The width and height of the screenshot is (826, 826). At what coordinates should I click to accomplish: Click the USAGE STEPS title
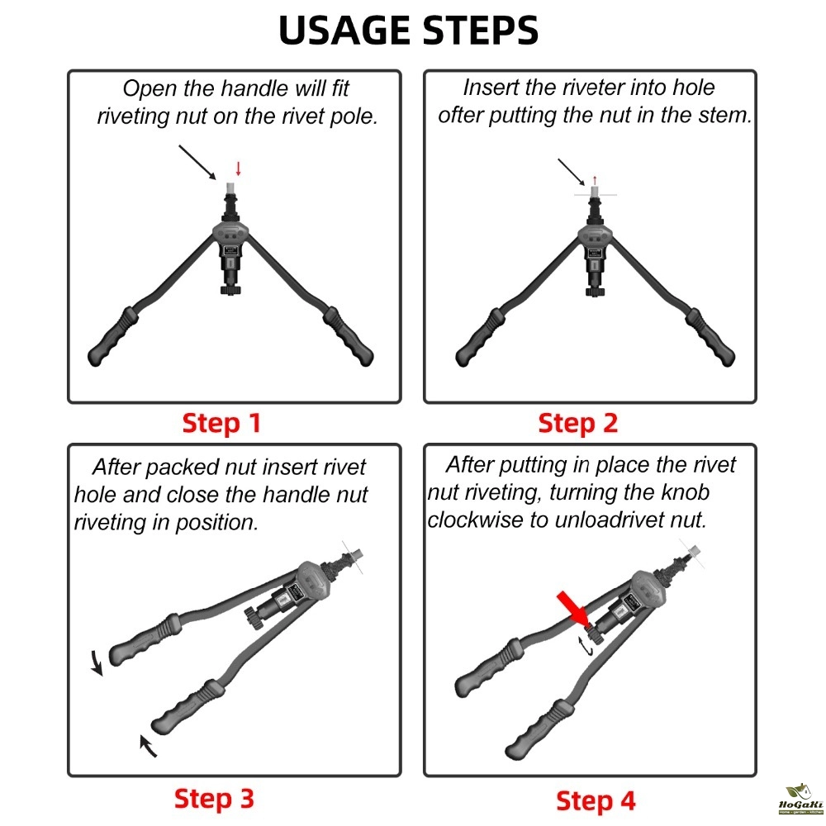(x=408, y=30)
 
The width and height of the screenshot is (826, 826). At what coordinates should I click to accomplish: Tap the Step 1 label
(x=221, y=423)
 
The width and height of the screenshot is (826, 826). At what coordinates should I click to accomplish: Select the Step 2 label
(x=577, y=423)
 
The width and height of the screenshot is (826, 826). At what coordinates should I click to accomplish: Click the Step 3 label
(x=214, y=799)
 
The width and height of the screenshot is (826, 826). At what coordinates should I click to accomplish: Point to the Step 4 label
(x=596, y=800)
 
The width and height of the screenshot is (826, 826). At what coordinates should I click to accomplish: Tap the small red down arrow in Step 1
(x=238, y=169)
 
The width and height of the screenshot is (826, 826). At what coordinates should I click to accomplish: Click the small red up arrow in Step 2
(x=595, y=181)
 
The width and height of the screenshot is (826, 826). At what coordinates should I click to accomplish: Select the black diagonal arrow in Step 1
(x=197, y=163)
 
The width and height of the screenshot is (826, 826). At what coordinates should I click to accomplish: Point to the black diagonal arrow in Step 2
(x=572, y=172)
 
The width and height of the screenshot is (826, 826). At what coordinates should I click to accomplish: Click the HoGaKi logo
(x=800, y=799)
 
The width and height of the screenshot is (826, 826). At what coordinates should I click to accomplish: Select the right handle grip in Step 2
(x=710, y=337)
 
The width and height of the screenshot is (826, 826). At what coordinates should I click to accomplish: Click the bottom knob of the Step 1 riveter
(x=230, y=290)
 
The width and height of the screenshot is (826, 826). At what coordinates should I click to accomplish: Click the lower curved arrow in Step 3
(x=148, y=746)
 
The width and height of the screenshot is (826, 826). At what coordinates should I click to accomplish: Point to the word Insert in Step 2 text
(x=489, y=88)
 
